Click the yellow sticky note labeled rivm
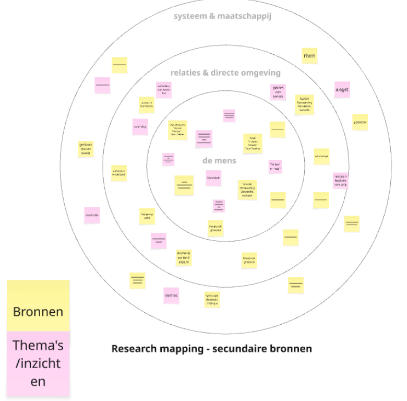tap(309, 56)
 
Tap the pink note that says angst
tap(342, 90)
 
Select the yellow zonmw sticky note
tap(360, 122)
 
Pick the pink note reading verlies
tap(171, 296)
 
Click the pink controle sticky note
tap(92, 215)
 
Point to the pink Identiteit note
tap(213, 178)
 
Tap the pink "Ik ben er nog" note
tap(275, 167)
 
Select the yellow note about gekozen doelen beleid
tap(86, 149)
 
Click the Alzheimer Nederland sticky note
tap(119, 173)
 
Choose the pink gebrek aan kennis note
tap(278, 92)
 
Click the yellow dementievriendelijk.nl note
tap(184, 257)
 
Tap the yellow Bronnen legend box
tap(38, 306)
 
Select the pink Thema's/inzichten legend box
tap(38, 363)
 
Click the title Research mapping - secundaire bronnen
tap(211, 348)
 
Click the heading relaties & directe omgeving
tap(225, 73)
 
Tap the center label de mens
tap(219, 160)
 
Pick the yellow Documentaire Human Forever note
tap(177, 130)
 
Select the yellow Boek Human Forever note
tap(252, 143)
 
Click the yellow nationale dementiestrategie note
tap(212, 299)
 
